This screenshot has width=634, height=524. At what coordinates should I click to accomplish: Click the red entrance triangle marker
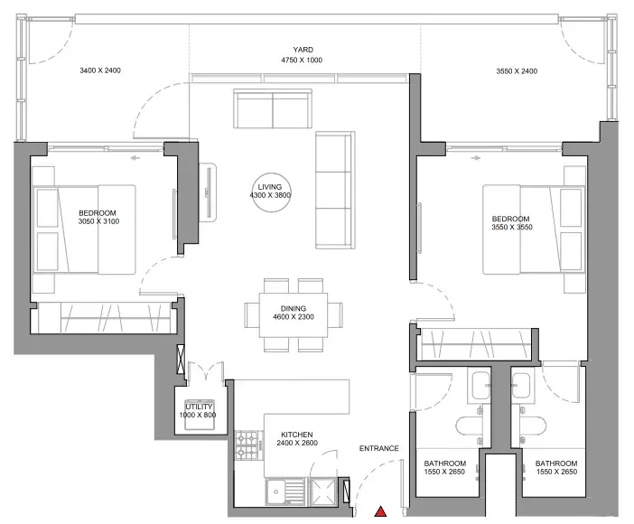coord(380,511)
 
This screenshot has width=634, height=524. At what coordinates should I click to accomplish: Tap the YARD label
coord(303,50)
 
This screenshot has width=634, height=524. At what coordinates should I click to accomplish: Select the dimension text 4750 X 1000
coord(302,61)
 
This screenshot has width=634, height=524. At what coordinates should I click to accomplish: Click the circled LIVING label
coord(270,187)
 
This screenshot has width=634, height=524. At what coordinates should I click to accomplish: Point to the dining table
coord(294,314)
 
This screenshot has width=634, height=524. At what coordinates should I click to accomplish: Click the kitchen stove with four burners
coord(247,445)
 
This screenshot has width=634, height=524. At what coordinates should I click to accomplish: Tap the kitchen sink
coord(286,491)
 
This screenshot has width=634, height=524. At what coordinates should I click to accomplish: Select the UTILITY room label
coord(199,407)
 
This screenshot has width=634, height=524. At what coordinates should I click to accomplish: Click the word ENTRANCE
coord(378,448)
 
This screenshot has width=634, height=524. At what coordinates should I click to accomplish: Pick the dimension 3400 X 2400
coord(100,70)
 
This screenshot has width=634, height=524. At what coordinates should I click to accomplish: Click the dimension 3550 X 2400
coord(517,71)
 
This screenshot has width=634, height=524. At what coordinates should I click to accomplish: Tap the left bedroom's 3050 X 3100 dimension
coord(98,221)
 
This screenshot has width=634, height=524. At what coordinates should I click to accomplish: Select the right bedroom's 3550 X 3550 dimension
coord(512,227)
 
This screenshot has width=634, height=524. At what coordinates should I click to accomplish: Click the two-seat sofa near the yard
coord(273,108)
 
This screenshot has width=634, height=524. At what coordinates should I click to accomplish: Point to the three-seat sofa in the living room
coord(335,190)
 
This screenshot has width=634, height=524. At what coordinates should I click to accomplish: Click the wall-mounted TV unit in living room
coord(209,192)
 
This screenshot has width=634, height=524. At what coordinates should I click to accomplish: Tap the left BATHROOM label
coord(444,463)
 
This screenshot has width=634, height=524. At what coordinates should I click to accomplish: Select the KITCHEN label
coord(297,435)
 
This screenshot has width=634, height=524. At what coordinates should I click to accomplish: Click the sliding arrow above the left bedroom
coord(135,158)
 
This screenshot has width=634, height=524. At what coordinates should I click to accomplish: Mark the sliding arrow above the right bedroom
coord(476,158)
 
